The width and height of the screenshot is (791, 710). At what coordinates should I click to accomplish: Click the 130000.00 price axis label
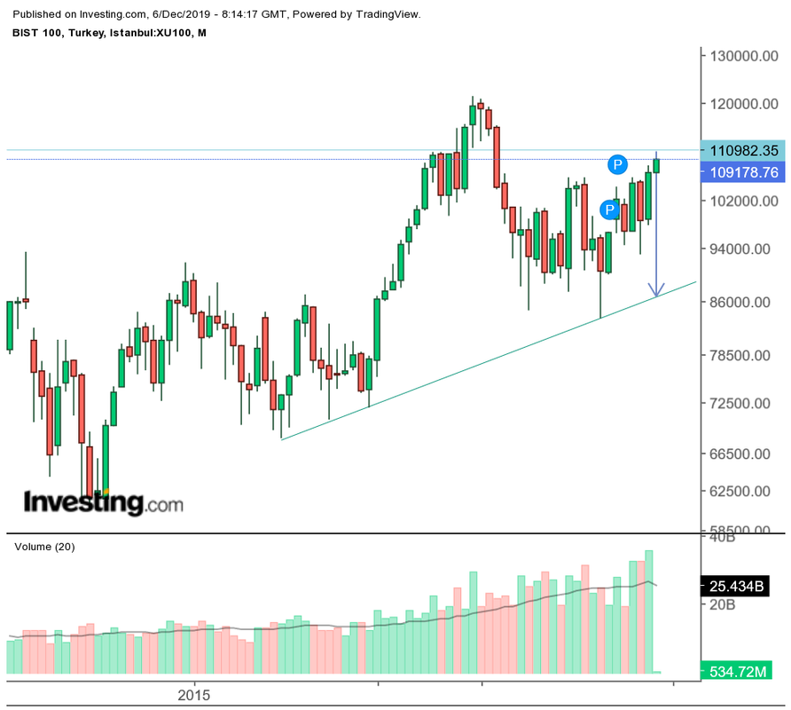pos(744,56)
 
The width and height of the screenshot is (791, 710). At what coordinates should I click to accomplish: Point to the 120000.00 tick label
pos(744,104)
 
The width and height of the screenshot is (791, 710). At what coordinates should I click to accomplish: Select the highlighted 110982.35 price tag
pos(743,151)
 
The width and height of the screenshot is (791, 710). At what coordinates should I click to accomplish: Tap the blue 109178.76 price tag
pos(743,172)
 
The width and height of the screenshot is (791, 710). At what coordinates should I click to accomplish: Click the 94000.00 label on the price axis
pos(740,249)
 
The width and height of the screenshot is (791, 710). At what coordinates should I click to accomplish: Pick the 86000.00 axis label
pos(740,302)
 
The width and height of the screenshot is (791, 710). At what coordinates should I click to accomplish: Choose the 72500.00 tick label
pos(740,403)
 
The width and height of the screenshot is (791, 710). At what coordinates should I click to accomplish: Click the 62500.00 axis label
pos(740,491)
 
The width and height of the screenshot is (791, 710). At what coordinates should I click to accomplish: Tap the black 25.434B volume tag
pos(735,587)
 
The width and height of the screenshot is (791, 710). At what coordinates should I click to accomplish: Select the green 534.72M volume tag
pos(737,671)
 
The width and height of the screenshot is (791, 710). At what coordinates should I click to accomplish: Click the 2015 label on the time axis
pos(193,695)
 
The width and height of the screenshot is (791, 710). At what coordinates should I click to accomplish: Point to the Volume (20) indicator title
pos(44,547)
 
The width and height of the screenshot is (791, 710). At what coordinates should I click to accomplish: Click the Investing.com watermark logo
pos(104,502)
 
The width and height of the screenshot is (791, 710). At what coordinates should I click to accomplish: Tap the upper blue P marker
pos(617,164)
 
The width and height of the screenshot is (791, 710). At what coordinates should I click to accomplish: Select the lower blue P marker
pos(610,209)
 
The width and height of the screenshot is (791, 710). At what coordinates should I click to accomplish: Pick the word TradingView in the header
pos(388,14)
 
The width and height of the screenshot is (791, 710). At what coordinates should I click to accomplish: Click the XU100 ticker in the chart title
pos(174,33)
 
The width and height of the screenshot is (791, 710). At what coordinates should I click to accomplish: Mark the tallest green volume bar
pos(649,612)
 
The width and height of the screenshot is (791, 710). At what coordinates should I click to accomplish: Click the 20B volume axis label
pos(723,604)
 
